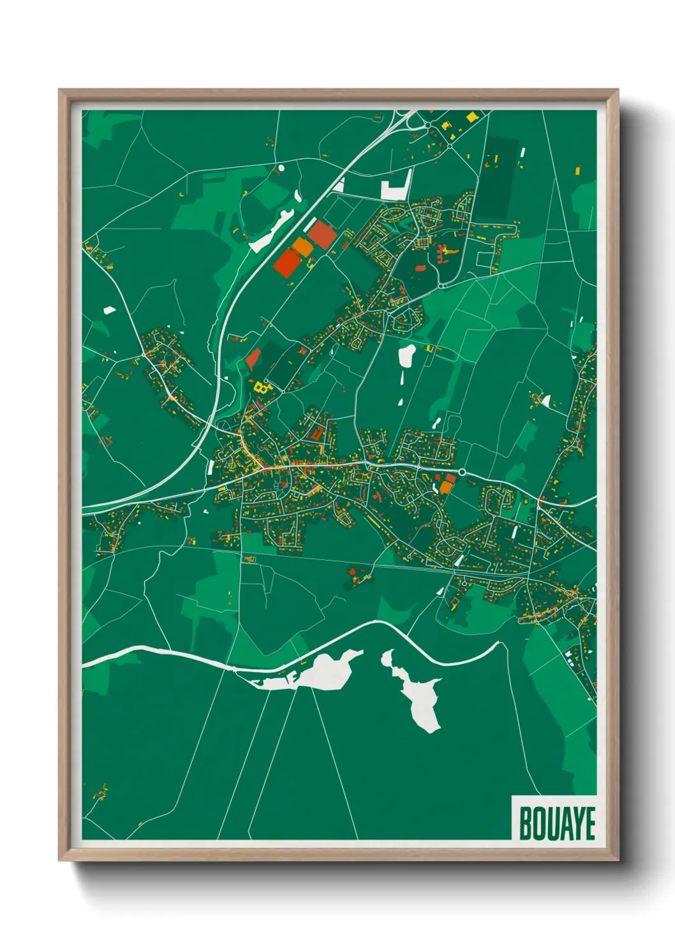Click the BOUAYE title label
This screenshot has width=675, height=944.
[x=557, y=823]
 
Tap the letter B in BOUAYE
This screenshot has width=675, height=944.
[x=526, y=823]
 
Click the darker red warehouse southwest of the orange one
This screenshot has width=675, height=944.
[x=287, y=263]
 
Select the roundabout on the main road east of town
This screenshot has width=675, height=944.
[x=461, y=473]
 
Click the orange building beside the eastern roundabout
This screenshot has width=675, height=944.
[x=445, y=487]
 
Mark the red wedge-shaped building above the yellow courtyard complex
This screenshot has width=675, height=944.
[x=253, y=360]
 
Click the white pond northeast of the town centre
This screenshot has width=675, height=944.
[x=406, y=355]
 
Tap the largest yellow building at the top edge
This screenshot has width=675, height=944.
[x=471, y=117]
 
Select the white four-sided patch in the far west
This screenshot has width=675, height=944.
[x=110, y=311]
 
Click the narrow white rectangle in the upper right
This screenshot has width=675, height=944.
[x=522, y=153]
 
